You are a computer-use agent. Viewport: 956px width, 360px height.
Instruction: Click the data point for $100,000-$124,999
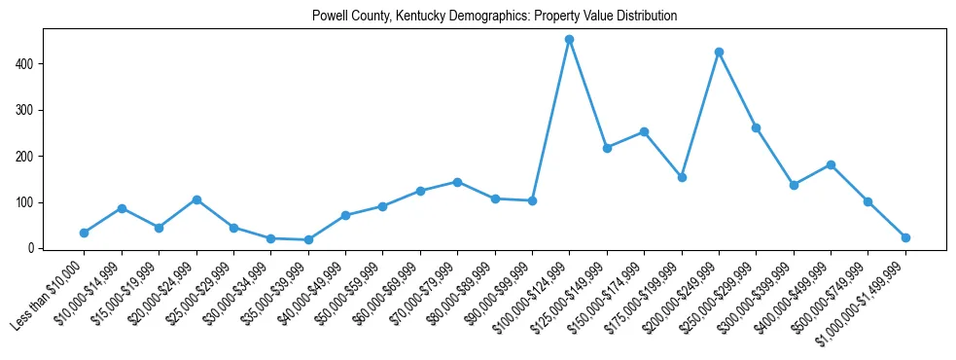pos(569,40)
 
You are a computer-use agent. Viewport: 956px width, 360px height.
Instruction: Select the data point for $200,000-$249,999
pos(719,52)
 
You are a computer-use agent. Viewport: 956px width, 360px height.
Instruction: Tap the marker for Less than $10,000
pos(84,233)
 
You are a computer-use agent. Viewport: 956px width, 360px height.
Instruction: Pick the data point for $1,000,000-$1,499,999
pos(905,237)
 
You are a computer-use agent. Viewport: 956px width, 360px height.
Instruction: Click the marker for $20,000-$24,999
pos(196,199)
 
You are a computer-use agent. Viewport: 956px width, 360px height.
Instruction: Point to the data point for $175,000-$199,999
pos(682,177)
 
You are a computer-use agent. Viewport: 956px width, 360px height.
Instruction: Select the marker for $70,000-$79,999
pos(457,182)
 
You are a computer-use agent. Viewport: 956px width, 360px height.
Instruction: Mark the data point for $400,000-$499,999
pos(831,164)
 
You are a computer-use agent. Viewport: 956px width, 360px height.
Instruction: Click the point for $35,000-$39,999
pos(308,239)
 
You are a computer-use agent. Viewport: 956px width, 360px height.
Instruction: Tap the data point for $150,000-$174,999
pos(644,131)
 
